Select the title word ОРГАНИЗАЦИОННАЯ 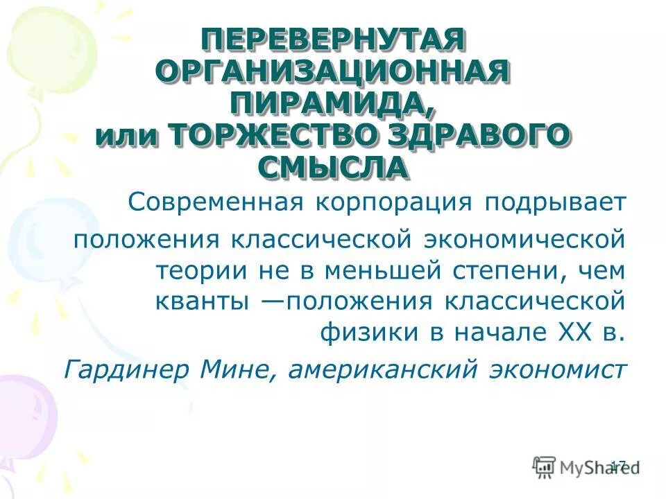pos(332,73)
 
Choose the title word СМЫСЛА pos(332,167)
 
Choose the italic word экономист pos(556,368)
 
